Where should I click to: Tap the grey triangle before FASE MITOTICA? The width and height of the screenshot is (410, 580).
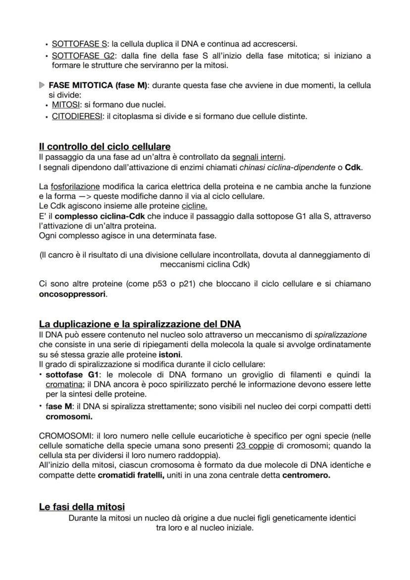(x=42, y=86)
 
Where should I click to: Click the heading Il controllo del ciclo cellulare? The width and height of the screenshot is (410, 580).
(x=104, y=147)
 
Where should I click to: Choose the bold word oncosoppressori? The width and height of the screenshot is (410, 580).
(x=72, y=294)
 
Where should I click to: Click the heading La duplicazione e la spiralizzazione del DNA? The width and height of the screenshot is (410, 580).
(x=140, y=324)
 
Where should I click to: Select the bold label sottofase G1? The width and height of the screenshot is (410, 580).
(x=72, y=374)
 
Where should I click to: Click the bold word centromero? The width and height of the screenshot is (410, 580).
(x=306, y=475)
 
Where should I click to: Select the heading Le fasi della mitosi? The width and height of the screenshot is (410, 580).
(x=82, y=507)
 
